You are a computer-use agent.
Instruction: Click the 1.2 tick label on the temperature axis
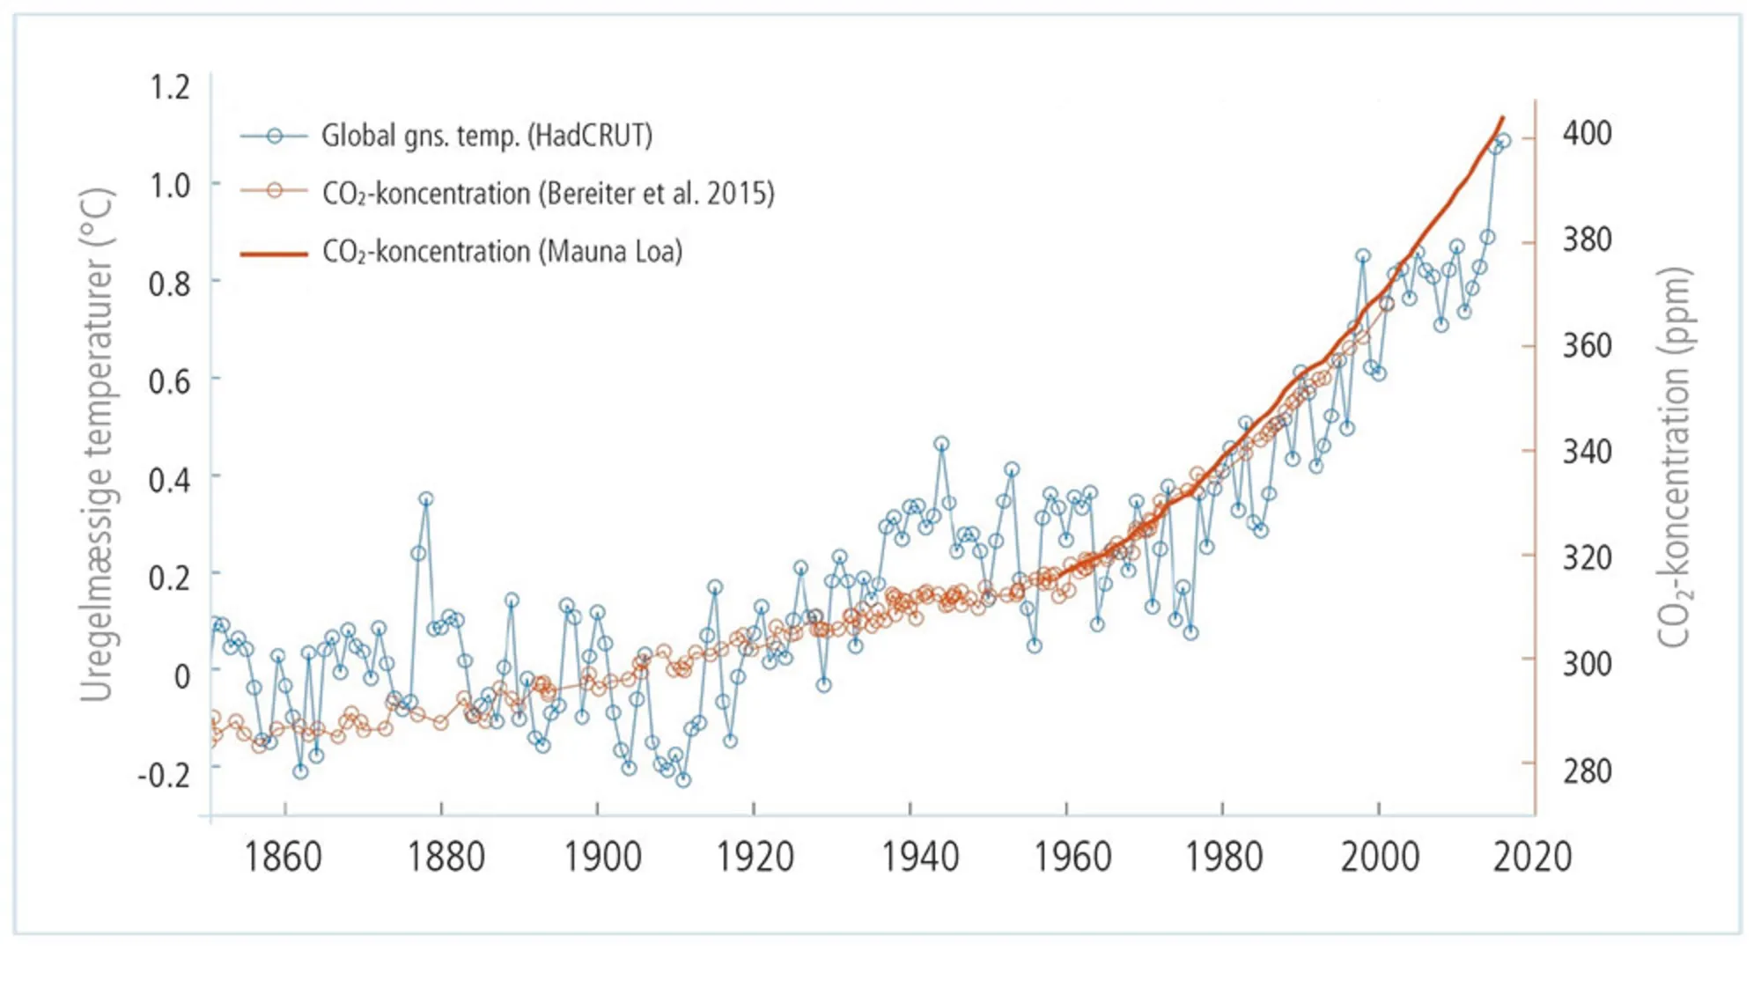[169, 87]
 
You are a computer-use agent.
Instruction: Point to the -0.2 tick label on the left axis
[164, 775]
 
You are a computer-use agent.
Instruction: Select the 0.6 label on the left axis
[169, 381]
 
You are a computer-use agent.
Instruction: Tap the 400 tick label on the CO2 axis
[1587, 133]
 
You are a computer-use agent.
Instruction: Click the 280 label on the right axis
[1587, 771]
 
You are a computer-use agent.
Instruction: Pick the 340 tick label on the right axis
[1587, 452]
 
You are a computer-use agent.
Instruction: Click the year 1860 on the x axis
[283, 857]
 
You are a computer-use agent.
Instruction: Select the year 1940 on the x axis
[920, 857]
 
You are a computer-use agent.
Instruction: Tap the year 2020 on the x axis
[1532, 857]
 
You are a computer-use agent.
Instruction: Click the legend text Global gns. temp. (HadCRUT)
[487, 136]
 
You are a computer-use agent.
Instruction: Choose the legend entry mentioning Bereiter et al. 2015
[548, 193]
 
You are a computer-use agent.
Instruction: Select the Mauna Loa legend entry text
[502, 252]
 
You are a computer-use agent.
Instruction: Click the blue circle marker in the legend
[275, 136]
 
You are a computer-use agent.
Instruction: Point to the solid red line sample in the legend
[275, 254]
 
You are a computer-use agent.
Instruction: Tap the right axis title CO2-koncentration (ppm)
[1674, 458]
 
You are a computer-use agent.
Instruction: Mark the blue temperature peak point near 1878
[426, 499]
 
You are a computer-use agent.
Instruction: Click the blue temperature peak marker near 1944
[941, 444]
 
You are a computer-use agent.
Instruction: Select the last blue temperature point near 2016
[1504, 141]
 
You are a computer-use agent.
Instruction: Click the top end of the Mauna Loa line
[1502, 118]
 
